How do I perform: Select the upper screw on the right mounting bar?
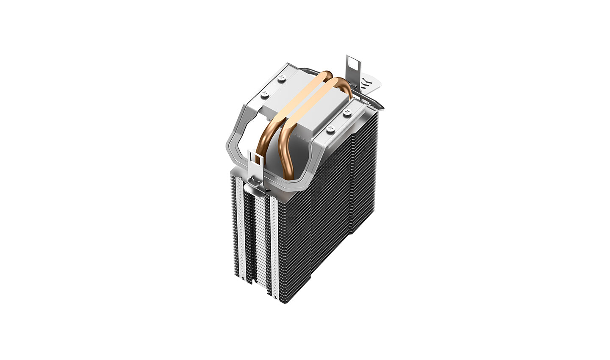click(x=347, y=112)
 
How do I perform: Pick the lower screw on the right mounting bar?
click(x=330, y=128)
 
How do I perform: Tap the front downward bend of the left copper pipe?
click(x=265, y=136)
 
